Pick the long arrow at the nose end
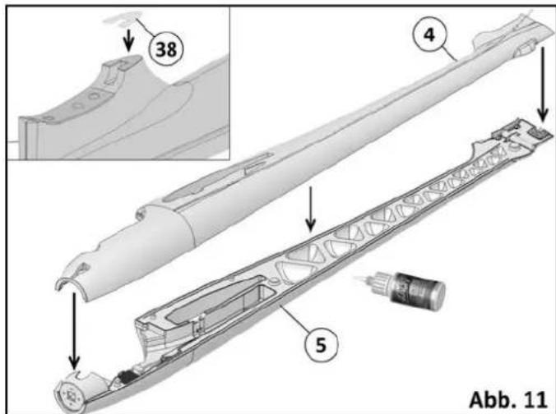tap(73, 325)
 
